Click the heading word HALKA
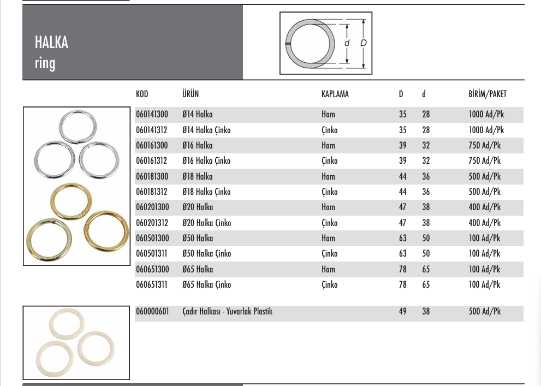click(51, 43)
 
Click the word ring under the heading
click(45, 63)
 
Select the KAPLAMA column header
click(335, 94)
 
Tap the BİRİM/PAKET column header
click(487, 94)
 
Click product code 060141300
click(152, 115)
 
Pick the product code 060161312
click(152, 161)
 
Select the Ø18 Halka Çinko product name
click(206, 192)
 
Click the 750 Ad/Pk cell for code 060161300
click(484, 146)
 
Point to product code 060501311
click(152, 254)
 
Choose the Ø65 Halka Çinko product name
click(206, 285)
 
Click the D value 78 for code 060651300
click(402, 270)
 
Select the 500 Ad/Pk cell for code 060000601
click(484, 312)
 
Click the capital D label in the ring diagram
click(363, 43)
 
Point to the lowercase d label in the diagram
click(347, 43)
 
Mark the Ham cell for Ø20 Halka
click(328, 207)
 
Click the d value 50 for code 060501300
click(425, 239)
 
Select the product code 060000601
click(152, 312)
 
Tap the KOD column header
click(142, 94)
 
